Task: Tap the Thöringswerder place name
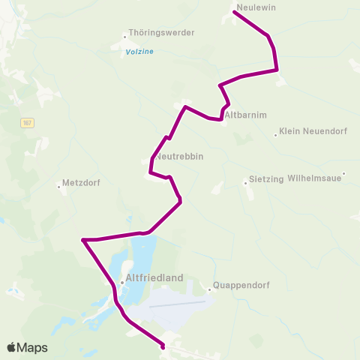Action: (162, 33)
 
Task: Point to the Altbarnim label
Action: (246, 115)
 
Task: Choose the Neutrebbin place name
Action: (180, 157)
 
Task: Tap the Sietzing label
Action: (265, 180)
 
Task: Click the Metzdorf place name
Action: (82, 182)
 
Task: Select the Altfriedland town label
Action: (156, 277)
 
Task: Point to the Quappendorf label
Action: (241, 285)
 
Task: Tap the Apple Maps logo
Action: (27, 347)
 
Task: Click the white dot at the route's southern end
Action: (163, 346)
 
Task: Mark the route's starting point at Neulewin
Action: (235, 13)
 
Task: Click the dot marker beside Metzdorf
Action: (59, 187)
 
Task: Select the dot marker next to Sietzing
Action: (244, 182)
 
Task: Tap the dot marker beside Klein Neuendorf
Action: (275, 135)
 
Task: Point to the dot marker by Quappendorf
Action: (209, 289)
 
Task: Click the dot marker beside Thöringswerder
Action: (125, 35)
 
